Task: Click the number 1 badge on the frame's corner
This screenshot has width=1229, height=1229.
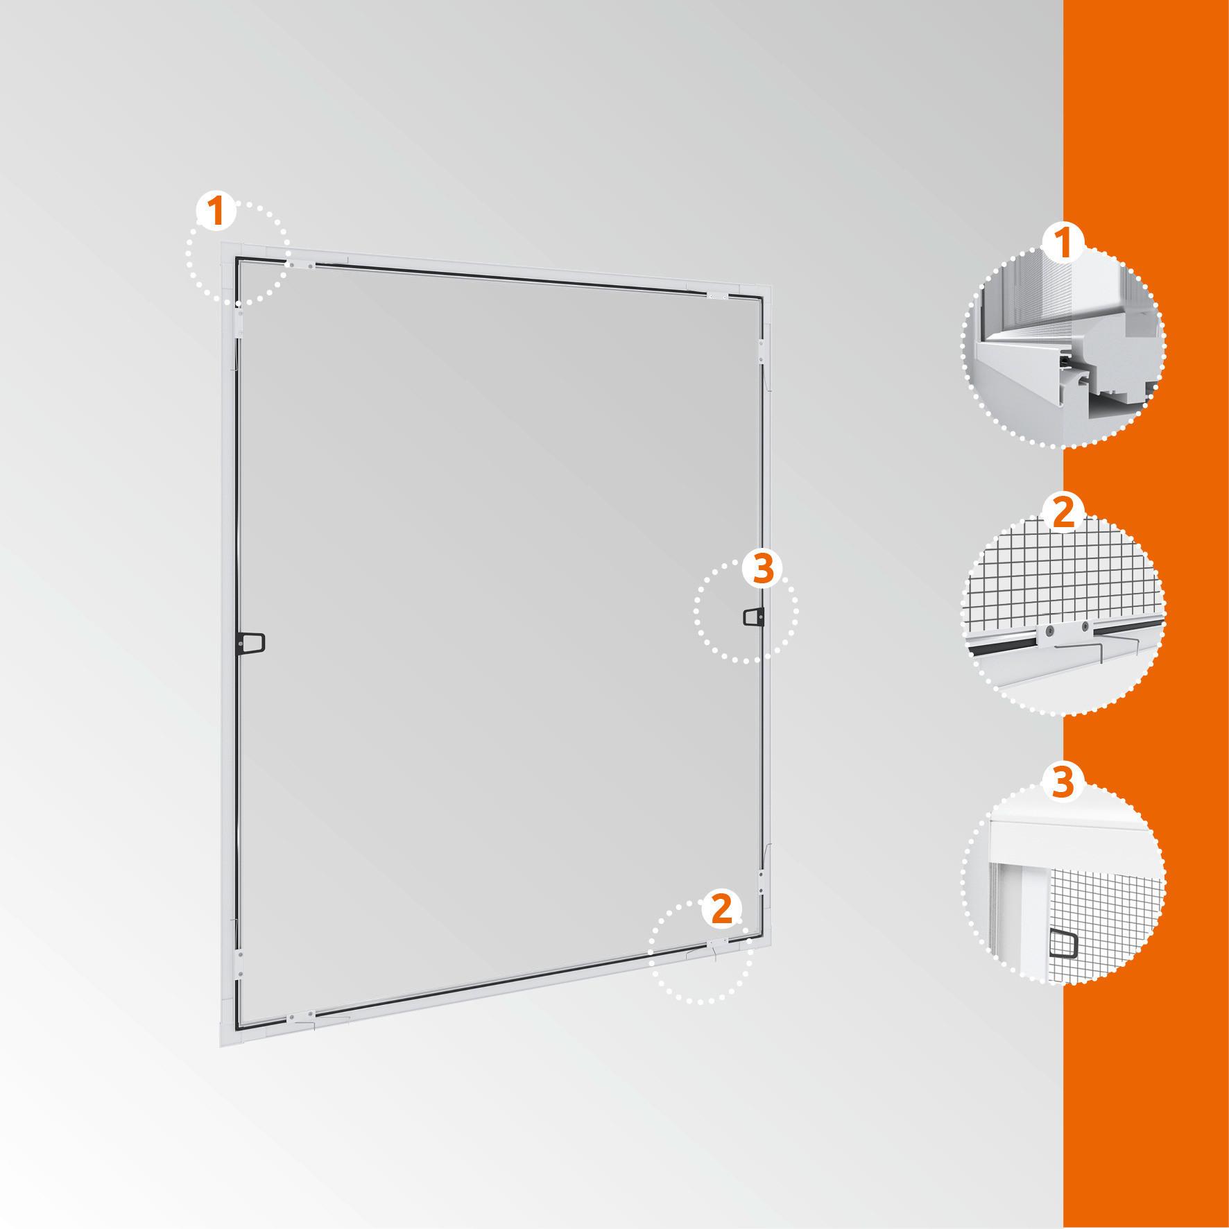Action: (217, 211)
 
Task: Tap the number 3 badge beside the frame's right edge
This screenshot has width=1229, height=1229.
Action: (762, 569)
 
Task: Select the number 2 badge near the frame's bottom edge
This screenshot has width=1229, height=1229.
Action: (722, 909)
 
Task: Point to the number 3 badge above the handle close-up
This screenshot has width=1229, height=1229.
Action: (1063, 782)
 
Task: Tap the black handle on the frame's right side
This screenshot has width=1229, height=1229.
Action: (754, 616)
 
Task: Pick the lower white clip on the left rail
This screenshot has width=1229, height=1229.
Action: (239, 961)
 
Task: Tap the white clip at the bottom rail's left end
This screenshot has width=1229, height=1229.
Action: (300, 1017)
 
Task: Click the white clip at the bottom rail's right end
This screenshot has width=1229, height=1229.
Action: (717, 944)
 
